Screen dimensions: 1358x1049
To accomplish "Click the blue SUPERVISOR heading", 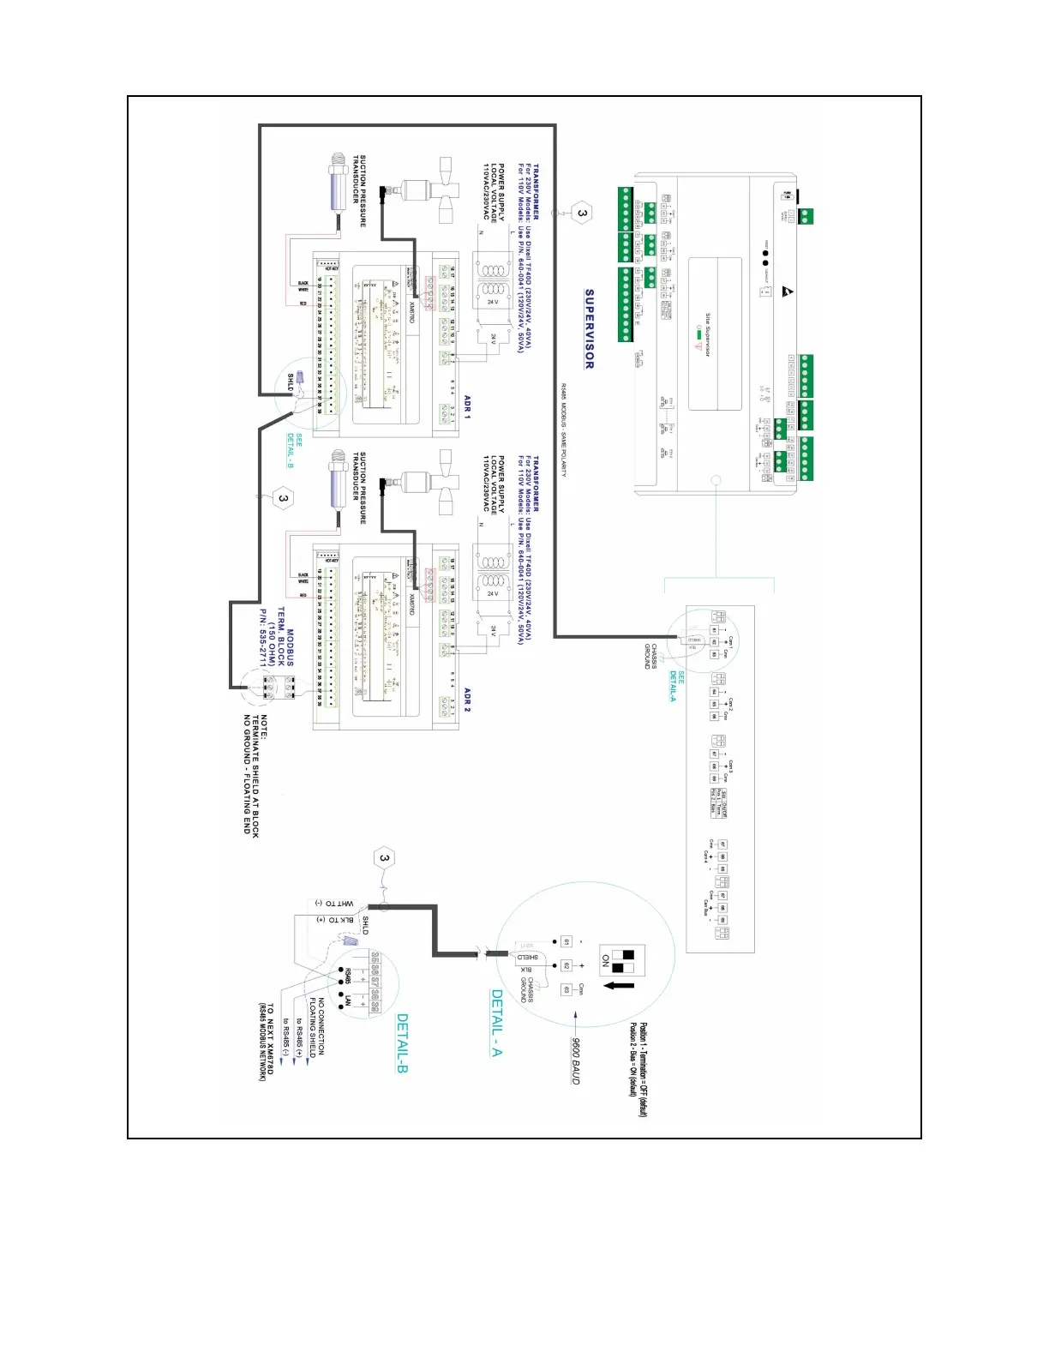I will pos(589,329).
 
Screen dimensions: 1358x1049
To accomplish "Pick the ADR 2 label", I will pos(467,699).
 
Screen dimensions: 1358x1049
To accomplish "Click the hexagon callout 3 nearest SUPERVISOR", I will pos(582,213).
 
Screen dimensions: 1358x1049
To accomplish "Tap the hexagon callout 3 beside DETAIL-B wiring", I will pos(384,858).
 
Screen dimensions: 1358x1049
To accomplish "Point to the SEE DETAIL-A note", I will pos(677,687).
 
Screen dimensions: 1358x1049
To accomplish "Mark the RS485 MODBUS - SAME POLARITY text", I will pos(564,430).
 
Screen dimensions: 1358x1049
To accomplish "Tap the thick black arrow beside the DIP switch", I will pos(619,985).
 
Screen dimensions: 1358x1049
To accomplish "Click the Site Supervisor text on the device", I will pos(708,334).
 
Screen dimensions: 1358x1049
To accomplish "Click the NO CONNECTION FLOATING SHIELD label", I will pos(316,1027).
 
